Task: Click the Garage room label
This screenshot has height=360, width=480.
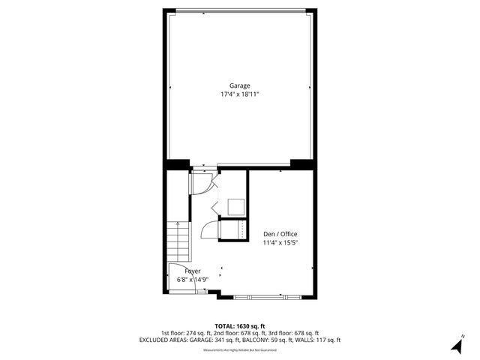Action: [240, 85]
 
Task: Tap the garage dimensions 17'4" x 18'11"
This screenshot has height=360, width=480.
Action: [240, 95]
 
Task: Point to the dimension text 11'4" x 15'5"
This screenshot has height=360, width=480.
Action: [280, 243]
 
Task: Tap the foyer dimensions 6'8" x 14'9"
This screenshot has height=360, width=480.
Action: [192, 279]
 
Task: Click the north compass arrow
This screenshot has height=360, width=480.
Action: [455, 346]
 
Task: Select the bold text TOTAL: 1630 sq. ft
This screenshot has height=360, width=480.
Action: [240, 326]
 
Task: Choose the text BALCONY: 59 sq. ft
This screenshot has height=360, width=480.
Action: [273, 340]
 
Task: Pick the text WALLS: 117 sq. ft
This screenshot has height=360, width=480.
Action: [320, 340]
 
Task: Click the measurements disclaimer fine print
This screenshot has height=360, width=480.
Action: [240, 348]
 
